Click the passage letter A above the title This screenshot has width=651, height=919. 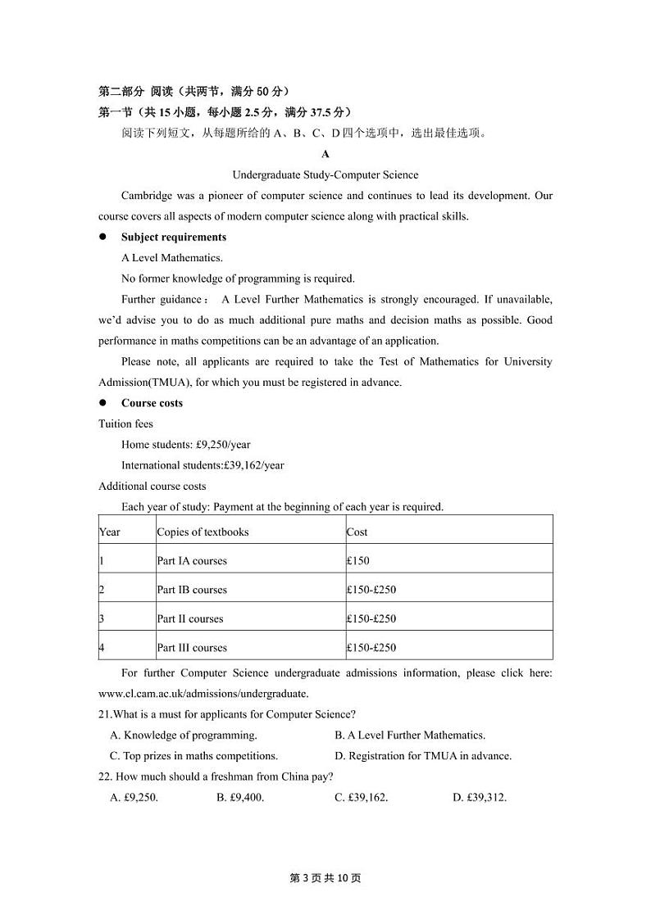[x=325, y=154]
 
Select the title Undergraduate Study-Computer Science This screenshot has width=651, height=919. [x=325, y=174]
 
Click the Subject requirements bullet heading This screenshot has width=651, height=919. [x=174, y=238]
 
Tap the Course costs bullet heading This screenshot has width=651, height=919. [x=152, y=403]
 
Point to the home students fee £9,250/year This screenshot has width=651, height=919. [x=185, y=445]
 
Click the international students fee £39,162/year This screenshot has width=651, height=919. [x=203, y=465]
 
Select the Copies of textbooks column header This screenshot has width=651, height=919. [x=203, y=532]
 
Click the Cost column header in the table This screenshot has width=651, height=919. [x=357, y=532]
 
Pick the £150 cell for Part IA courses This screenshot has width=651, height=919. [x=358, y=561]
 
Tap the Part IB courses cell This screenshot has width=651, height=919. [x=192, y=590]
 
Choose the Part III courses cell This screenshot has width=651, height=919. [x=192, y=648]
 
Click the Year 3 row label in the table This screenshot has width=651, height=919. [x=102, y=618]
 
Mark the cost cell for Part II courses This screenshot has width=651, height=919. [x=371, y=618]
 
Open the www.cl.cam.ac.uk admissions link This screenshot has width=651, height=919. [x=192, y=694]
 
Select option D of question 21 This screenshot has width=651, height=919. [x=423, y=756]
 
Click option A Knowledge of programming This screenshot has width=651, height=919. [x=184, y=736]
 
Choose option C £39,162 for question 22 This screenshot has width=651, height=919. [x=362, y=797]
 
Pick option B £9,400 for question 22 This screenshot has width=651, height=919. [x=240, y=797]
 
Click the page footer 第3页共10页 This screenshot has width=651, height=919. [x=325, y=878]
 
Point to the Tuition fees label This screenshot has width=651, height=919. [x=125, y=423]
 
